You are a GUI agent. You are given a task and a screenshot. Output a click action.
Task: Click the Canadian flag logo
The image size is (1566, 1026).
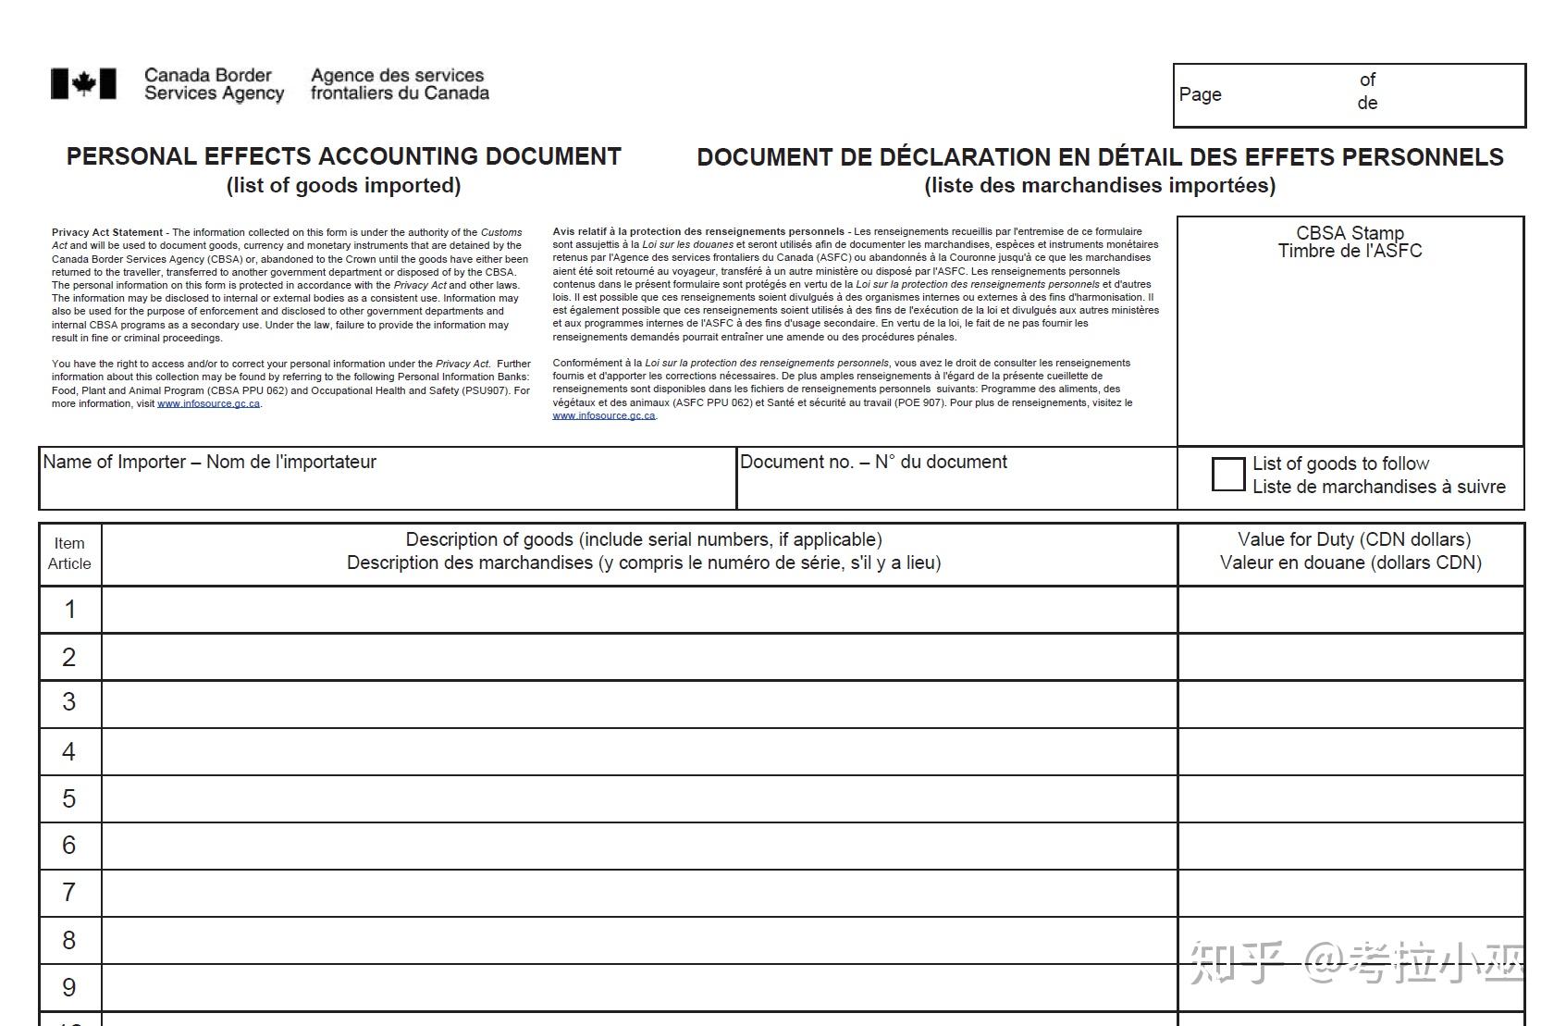pyautogui.click(x=83, y=84)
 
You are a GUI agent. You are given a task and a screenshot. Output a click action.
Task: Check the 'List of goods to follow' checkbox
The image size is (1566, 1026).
pyautogui.click(x=1227, y=475)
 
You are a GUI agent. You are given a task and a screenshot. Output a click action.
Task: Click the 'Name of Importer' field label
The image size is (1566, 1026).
pyautogui.click(x=210, y=462)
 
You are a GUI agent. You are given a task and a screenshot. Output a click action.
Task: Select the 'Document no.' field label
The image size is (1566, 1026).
pyautogui.click(x=873, y=462)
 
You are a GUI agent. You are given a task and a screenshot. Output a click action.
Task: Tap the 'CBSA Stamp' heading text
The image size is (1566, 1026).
pyautogui.click(x=1350, y=233)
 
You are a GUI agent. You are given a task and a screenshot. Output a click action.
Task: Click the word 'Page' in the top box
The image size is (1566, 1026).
pyautogui.click(x=1200, y=94)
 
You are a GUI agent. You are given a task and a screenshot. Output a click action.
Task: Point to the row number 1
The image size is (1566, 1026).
pyautogui.click(x=69, y=610)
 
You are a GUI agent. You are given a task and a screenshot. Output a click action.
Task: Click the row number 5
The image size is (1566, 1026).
pyautogui.click(x=69, y=798)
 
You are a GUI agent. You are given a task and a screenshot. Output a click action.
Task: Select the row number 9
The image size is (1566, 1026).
pyautogui.click(x=69, y=987)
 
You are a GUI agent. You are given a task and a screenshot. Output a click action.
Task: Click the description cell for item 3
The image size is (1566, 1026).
pyautogui.click(x=638, y=704)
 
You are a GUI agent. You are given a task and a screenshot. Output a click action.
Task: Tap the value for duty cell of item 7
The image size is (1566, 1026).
pyautogui.click(x=1350, y=893)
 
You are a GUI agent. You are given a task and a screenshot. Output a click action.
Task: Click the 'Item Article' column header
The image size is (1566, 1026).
pyautogui.click(x=69, y=553)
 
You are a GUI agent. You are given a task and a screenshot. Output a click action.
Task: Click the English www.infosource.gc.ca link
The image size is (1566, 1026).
pyautogui.click(x=208, y=403)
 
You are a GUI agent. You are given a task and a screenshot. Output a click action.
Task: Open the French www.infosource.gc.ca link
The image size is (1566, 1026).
pyautogui.click(x=604, y=416)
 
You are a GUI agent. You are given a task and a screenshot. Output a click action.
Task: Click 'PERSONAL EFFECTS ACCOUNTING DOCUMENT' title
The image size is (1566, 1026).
pyautogui.click(x=343, y=156)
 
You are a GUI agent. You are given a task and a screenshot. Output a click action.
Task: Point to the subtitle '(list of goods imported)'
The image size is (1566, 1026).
pyautogui.click(x=343, y=185)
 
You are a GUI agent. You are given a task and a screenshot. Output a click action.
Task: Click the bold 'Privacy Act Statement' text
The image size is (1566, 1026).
pyautogui.click(x=107, y=232)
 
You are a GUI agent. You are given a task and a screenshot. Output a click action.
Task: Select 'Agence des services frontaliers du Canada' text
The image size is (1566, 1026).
pyautogui.click(x=399, y=84)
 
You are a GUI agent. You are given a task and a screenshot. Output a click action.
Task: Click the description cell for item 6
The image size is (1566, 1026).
pyautogui.click(x=638, y=846)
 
